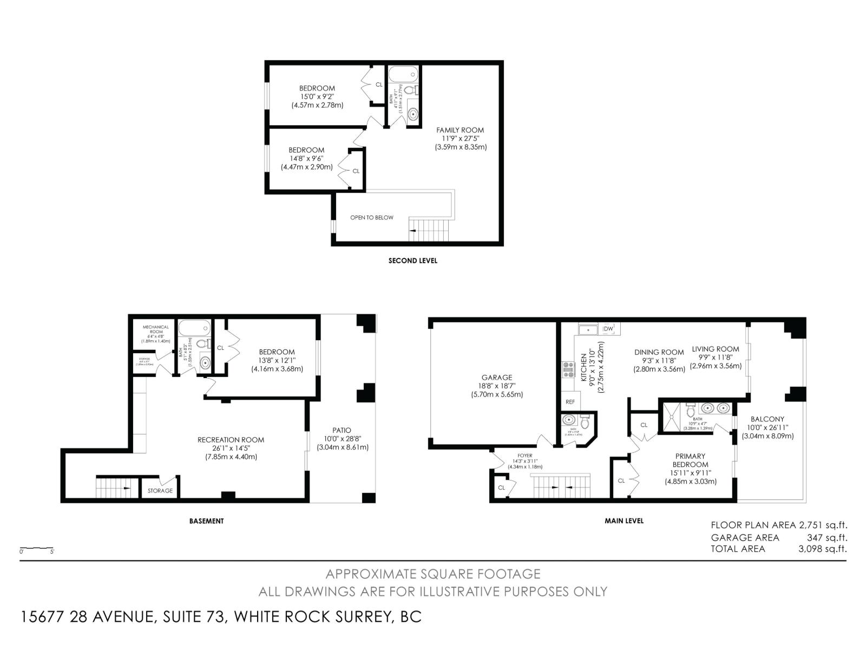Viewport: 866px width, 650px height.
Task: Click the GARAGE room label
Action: click(497, 378)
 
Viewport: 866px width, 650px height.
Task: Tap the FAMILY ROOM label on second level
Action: click(460, 130)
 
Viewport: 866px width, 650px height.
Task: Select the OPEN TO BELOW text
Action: click(372, 218)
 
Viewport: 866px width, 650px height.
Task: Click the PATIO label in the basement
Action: click(342, 431)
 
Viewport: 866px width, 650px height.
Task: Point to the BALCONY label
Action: click(767, 419)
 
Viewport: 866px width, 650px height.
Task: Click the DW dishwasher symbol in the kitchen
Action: click(608, 329)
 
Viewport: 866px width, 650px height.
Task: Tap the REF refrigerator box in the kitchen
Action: click(570, 402)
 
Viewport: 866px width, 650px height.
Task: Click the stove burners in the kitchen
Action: click(568, 369)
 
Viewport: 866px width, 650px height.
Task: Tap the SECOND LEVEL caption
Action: click(412, 261)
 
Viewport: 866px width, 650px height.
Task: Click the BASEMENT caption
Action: click(206, 521)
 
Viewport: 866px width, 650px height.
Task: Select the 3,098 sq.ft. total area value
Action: click(822, 549)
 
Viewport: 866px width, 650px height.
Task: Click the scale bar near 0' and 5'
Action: click(36, 548)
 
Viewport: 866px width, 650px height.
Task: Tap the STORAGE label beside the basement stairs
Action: click(160, 491)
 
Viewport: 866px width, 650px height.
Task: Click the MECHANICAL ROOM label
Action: click(156, 329)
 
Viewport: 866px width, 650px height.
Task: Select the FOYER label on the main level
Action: click(524, 456)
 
